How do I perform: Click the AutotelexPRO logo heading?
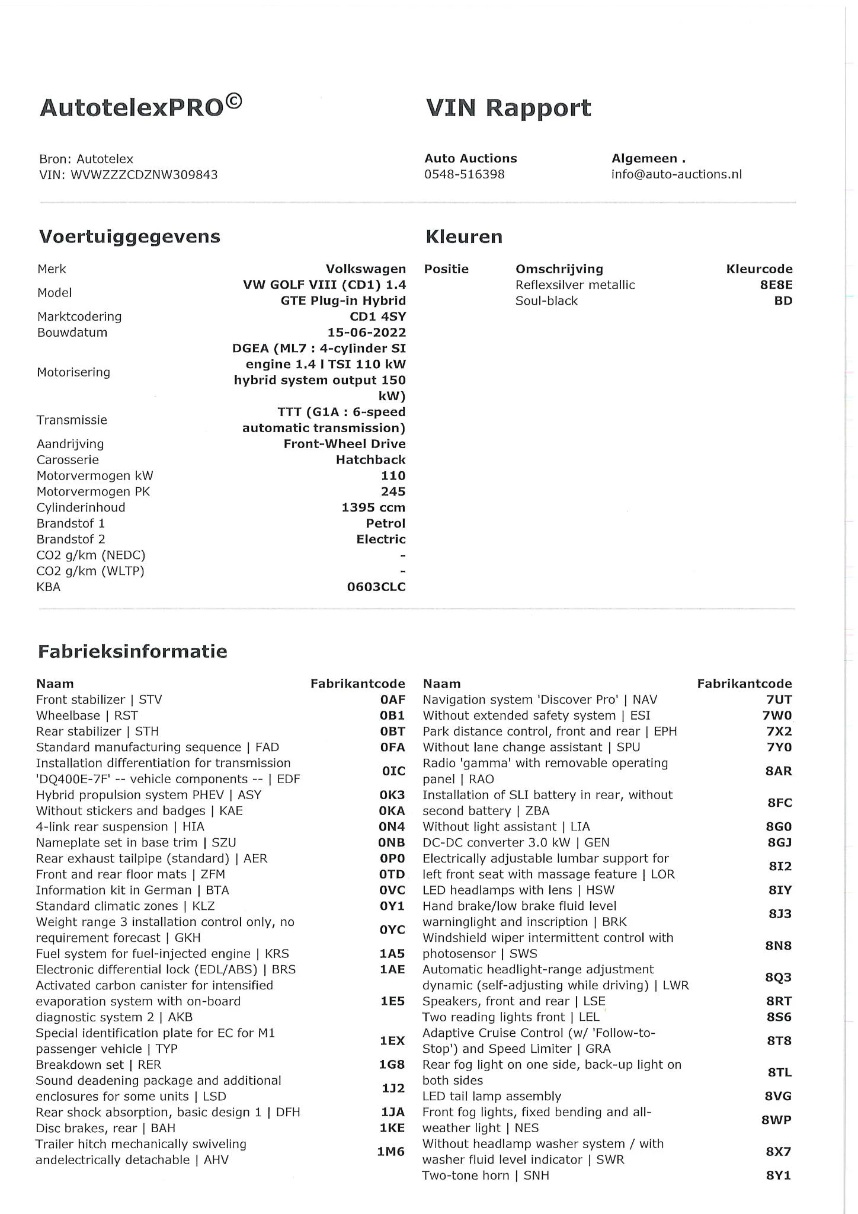coord(140,107)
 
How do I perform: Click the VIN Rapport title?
coord(508,108)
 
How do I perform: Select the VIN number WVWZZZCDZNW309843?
coord(144,175)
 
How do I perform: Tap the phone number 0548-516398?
coord(464,174)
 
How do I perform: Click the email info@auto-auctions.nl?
coord(676,174)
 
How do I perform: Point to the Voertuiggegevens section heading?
coord(129,237)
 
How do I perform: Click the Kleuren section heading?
coord(463,237)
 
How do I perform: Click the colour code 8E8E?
coord(776,285)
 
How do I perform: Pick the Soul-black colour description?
coord(546,301)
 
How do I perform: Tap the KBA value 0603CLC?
coord(376,587)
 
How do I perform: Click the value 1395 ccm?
coord(373,508)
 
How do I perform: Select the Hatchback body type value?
coord(370,460)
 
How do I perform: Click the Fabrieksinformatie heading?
coord(132,651)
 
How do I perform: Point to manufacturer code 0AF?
coord(392,700)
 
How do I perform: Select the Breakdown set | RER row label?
coord(98,1065)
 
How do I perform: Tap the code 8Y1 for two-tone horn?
coord(778,1175)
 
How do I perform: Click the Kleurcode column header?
coord(759,269)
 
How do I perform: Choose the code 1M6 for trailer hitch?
coord(390,1152)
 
